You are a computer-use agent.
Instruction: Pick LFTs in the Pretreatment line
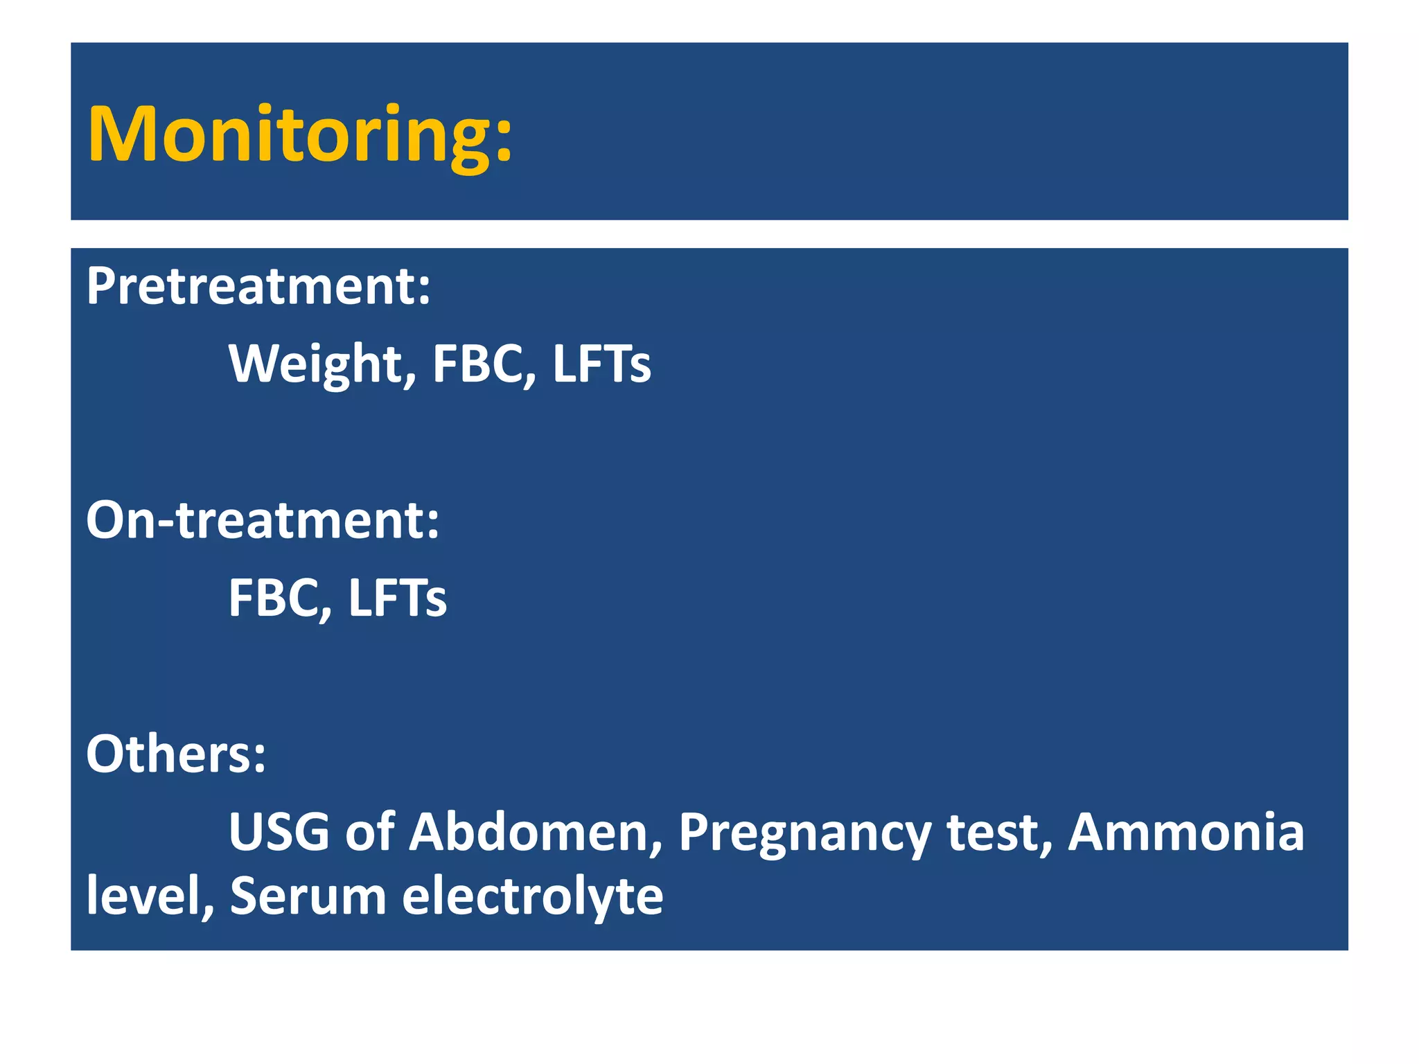pos(601,364)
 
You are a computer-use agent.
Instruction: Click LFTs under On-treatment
pos(397,598)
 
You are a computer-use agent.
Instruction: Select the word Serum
pos(308,896)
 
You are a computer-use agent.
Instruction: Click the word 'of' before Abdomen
pos(370,832)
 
